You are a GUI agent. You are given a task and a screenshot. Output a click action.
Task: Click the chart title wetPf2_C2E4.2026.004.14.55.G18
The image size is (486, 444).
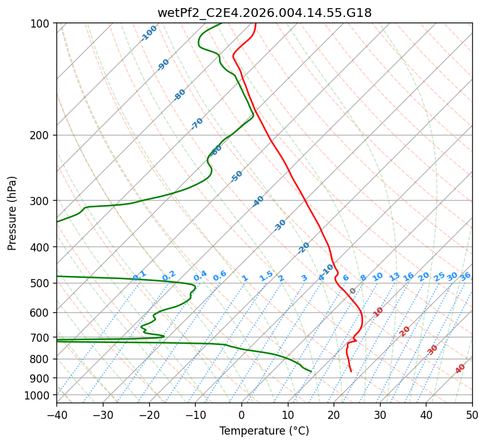pos(264,13)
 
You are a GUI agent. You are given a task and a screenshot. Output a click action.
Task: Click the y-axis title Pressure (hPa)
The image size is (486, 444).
pos(13,213)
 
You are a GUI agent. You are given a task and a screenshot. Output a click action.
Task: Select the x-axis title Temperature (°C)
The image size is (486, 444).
pos(264,431)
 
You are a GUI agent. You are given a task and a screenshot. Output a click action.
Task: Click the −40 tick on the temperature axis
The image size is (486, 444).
pos(56,415)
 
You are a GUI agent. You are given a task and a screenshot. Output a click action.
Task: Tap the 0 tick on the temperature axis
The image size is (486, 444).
pos(241,415)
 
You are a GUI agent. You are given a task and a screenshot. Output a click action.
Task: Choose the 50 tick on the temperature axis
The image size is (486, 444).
pos(472,415)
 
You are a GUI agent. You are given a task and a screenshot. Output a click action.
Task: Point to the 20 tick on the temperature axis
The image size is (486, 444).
pos(334,415)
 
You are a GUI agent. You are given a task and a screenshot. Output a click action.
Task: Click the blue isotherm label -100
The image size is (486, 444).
pos(149,33)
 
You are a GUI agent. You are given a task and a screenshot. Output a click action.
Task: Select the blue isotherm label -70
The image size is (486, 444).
pos(197,124)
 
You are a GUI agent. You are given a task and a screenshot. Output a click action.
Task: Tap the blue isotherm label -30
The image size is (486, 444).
pos(280,225)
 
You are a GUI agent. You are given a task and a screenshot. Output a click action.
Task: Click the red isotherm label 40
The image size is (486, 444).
pos(460,369)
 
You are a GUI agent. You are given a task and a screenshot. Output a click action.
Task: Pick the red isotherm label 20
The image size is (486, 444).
pos(405,330)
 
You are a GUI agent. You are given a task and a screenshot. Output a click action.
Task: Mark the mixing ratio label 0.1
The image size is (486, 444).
pos(139,275)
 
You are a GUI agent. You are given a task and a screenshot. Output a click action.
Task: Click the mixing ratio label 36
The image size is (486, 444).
pos(465,277)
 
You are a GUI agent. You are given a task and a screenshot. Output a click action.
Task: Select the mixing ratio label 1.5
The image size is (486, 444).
pos(266,276)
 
